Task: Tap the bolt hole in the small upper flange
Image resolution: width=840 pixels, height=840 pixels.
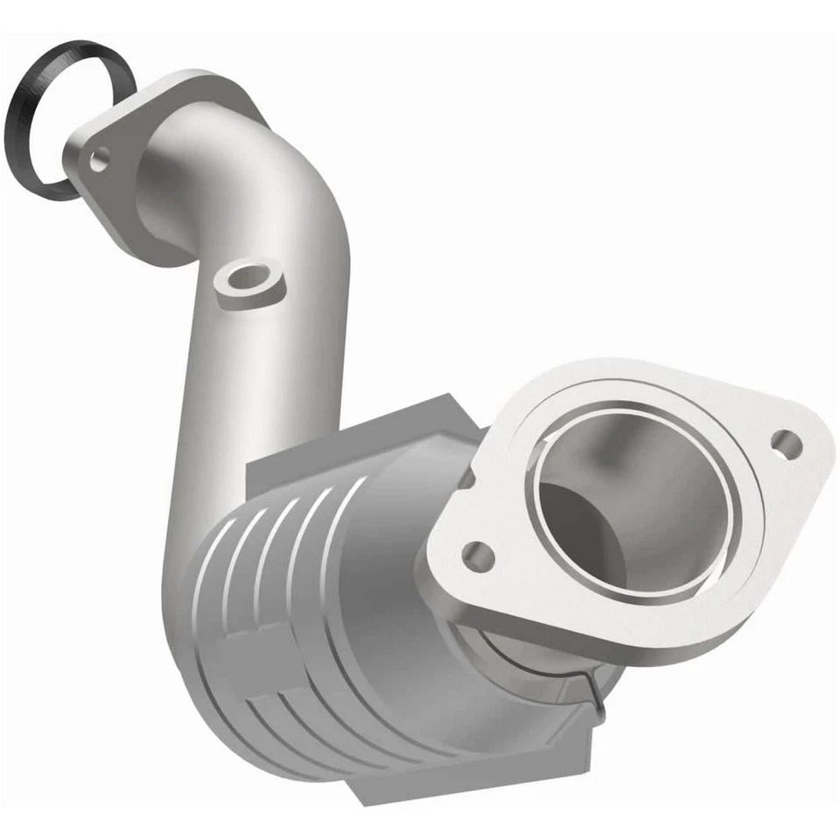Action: click(x=100, y=159)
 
